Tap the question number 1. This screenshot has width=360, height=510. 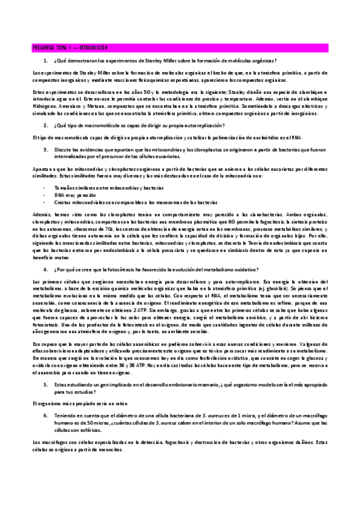[x=46, y=61]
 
